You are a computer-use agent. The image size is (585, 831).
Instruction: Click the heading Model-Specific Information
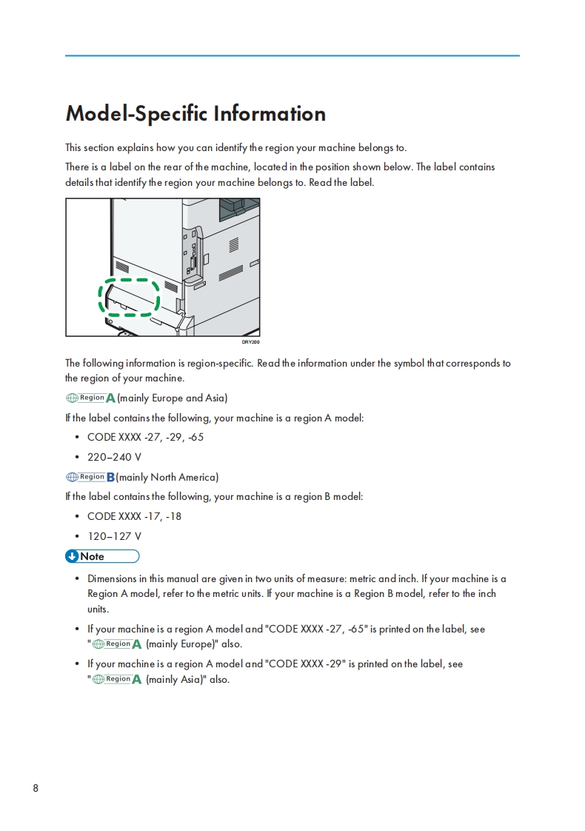pyautogui.click(x=195, y=113)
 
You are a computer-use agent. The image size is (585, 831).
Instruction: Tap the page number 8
pyautogui.click(x=36, y=787)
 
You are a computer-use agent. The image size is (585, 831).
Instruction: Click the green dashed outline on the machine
pyautogui.click(x=130, y=298)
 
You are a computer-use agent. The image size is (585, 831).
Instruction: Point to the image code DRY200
pyautogui.click(x=251, y=342)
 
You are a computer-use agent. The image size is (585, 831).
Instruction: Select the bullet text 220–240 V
pyautogui.click(x=114, y=457)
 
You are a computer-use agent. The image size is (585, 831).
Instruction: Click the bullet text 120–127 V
pyautogui.click(x=114, y=536)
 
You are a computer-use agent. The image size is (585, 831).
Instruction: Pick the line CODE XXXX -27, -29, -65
pyautogui.click(x=145, y=437)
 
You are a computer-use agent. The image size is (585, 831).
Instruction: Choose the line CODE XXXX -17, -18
pyautogui.click(x=134, y=516)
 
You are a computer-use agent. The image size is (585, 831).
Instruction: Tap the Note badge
pyautogui.click(x=102, y=556)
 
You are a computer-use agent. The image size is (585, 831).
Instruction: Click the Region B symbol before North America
pyautogui.click(x=90, y=477)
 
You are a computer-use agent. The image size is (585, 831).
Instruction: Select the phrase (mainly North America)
pyautogui.click(x=167, y=477)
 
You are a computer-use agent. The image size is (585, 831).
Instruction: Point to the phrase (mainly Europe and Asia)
pyautogui.click(x=173, y=398)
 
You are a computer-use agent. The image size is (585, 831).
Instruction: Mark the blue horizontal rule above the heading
pyautogui.click(x=292, y=56)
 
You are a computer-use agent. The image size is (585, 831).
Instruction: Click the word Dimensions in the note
pyautogui.click(x=112, y=578)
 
